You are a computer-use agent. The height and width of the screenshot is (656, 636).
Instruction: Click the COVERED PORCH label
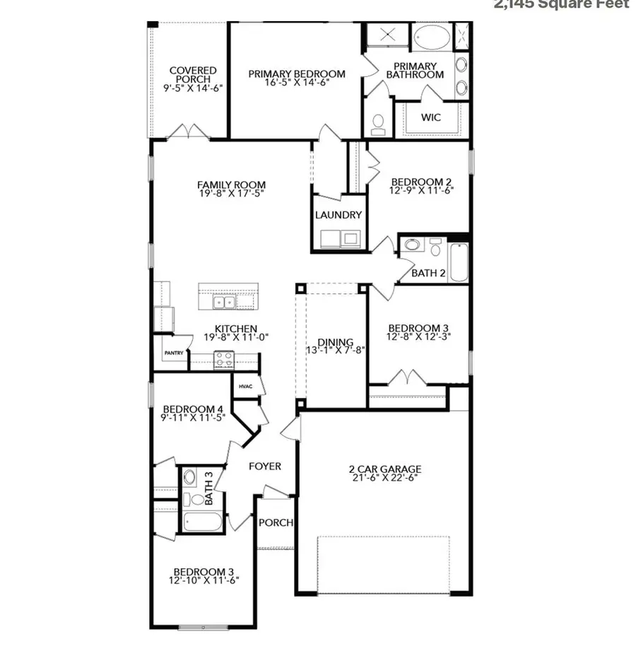[193, 75]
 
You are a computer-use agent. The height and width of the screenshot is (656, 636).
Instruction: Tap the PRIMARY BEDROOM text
[296, 74]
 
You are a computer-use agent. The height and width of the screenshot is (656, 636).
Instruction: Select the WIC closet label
[431, 117]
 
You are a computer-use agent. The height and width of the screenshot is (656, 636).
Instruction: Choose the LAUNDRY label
[338, 215]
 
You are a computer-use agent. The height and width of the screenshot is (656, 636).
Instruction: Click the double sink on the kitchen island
[225, 303]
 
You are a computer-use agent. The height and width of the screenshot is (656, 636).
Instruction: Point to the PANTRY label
[174, 353]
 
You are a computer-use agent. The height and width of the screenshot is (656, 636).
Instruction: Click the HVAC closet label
[245, 386]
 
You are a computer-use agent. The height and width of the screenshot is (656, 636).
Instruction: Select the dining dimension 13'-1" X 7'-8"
[335, 351]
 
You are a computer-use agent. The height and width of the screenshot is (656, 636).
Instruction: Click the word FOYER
[264, 467]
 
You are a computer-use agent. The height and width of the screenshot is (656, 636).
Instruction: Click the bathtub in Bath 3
[202, 522]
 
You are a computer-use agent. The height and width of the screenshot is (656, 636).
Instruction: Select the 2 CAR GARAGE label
[384, 469]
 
